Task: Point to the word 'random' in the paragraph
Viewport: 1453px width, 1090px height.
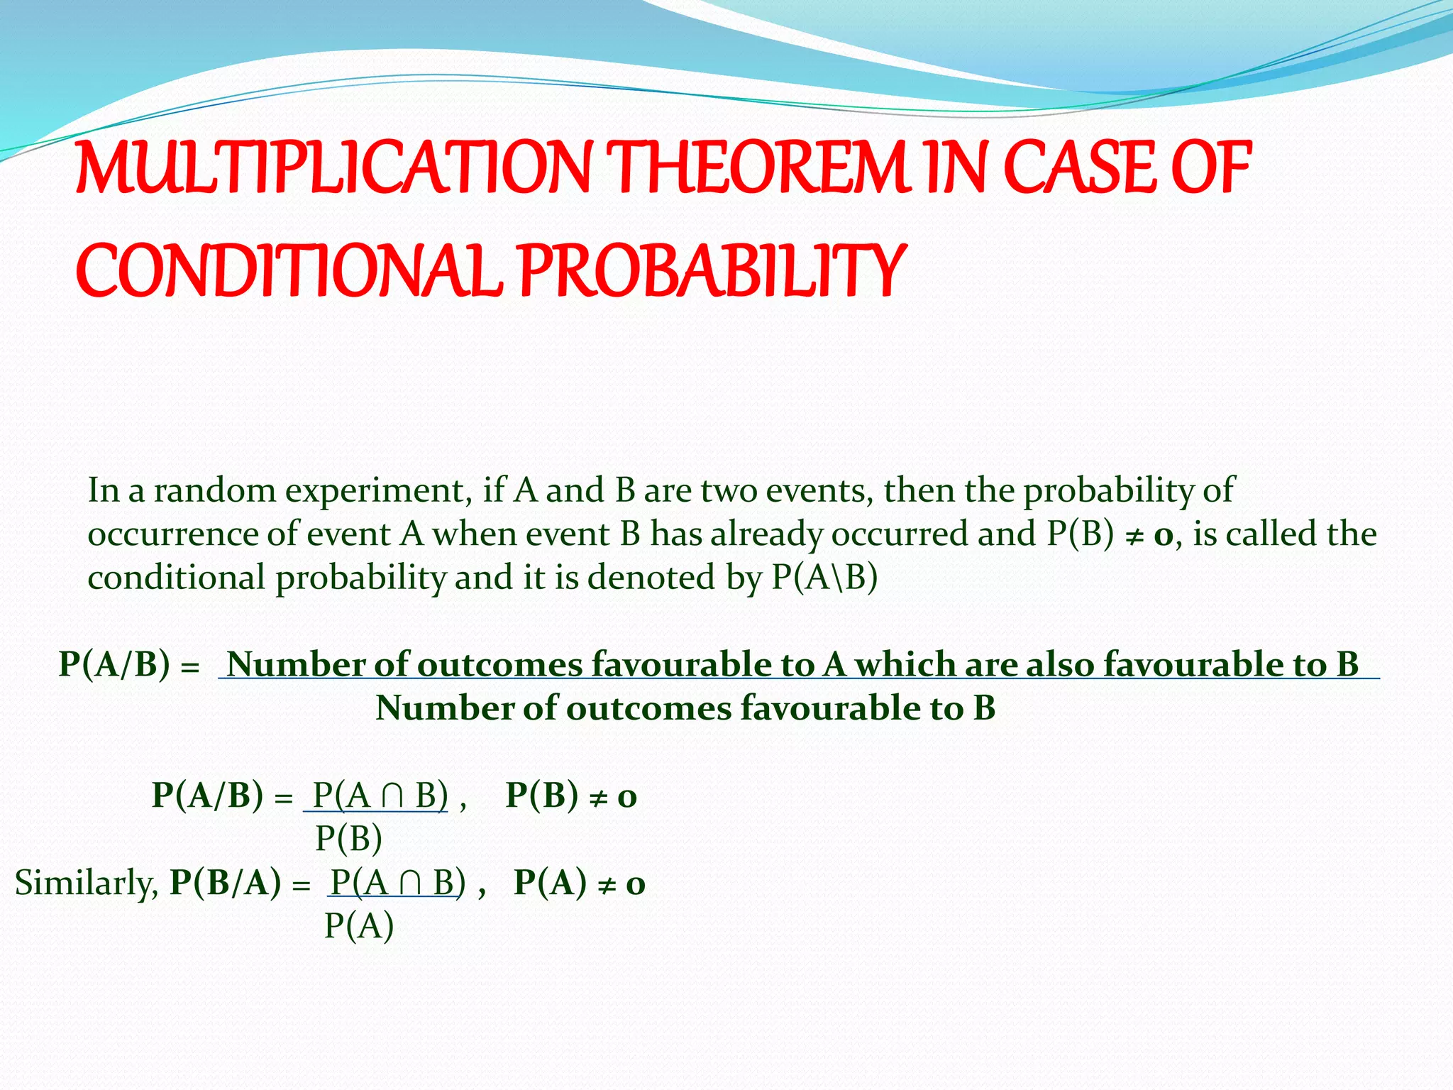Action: [x=214, y=490]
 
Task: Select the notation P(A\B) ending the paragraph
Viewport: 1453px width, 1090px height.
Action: [x=824, y=578]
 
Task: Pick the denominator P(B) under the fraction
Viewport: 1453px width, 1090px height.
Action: [x=348, y=839]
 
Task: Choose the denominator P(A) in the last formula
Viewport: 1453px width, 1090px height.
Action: [x=358, y=926]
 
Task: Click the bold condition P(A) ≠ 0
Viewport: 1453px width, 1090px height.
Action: [x=579, y=883]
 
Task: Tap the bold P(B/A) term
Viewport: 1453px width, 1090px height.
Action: [x=226, y=883]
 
